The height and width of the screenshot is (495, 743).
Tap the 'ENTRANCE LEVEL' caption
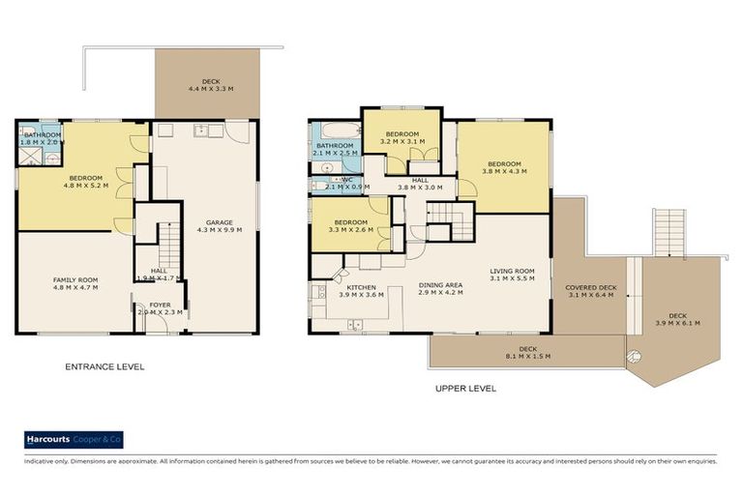104,366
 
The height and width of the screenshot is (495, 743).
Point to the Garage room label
220,226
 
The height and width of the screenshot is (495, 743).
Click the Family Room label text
74,283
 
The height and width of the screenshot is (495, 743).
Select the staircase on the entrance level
168,236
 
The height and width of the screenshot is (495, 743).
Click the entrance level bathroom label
42,138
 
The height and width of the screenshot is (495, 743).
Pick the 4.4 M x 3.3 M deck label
210,85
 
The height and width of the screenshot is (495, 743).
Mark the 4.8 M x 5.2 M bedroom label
84,181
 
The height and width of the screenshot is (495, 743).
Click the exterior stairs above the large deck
669,232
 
